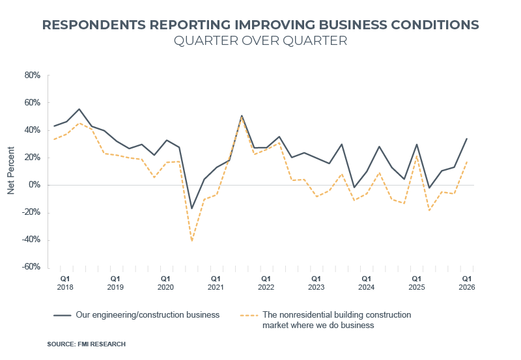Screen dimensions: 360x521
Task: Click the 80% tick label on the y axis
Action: pyautogui.click(x=33, y=76)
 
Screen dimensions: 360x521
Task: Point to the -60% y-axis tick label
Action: pyautogui.click(x=31, y=267)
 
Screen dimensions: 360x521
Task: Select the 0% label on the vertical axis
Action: pyautogui.click(x=35, y=185)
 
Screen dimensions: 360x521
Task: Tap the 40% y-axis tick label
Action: pyautogui.click(x=33, y=130)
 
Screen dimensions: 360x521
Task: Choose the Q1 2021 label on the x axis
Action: pyautogui.click(x=216, y=283)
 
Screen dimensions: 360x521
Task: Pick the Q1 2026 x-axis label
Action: pyautogui.click(x=467, y=283)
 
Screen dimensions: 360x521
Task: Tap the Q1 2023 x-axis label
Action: pyautogui.click(x=316, y=283)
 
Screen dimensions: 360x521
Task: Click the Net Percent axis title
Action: pyautogui.click(x=11, y=171)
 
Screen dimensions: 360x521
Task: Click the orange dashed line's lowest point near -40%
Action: pyautogui.click(x=191, y=241)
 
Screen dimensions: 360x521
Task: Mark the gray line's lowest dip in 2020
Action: pyautogui.click(x=191, y=209)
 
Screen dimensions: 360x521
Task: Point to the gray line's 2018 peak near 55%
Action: pyautogui.click(x=79, y=109)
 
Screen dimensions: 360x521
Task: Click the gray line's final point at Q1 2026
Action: pyautogui.click(x=467, y=138)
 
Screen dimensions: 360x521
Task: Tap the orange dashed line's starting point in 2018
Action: pyautogui.click(x=54, y=139)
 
